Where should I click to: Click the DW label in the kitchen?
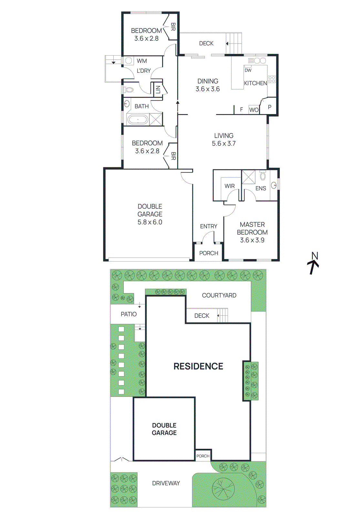[x=248, y=70]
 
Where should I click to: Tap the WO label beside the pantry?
[x=254, y=110]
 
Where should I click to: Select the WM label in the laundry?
[x=142, y=61]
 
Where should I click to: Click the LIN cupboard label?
[x=158, y=89]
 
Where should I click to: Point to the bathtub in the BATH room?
[x=138, y=120]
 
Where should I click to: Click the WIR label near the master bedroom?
[x=230, y=186]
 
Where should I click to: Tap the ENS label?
[x=261, y=188]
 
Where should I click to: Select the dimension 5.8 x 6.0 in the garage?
[x=150, y=222]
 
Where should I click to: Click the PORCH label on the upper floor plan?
[x=209, y=253]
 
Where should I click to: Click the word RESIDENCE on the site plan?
[x=198, y=366]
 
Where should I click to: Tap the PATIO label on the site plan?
[x=129, y=314]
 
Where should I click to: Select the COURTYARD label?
[x=219, y=295]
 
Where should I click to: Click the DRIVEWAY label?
[x=166, y=483]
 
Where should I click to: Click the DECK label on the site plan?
[x=202, y=316]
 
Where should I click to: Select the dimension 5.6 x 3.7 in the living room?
[x=224, y=143]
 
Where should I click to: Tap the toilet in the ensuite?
[x=263, y=176]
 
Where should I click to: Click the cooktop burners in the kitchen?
[x=272, y=79]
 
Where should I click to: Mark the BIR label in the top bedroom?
[x=173, y=27]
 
